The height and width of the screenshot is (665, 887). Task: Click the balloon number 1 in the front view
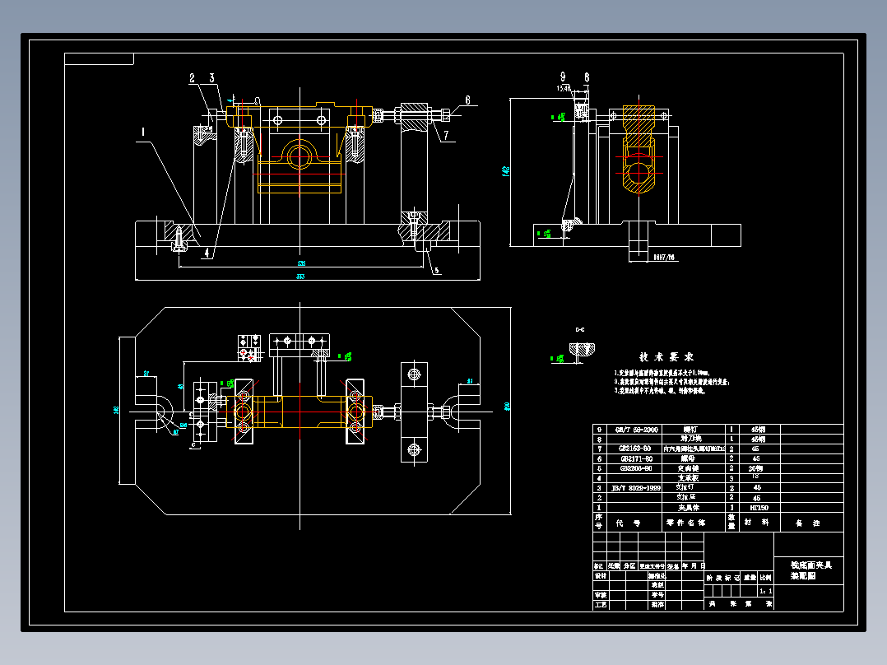click(143, 131)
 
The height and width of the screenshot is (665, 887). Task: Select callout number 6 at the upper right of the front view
click(467, 100)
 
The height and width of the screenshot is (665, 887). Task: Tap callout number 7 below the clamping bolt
click(445, 135)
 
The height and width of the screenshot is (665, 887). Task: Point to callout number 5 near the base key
click(436, 269)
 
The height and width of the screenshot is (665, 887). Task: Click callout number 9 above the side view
click(564, 77)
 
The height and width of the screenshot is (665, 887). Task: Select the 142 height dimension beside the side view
click(505, 171)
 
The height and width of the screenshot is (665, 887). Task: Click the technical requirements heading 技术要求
click(666, 357)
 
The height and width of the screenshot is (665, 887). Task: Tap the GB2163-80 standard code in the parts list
click(636, 449)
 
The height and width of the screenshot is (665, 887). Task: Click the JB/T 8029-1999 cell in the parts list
click(638, 488)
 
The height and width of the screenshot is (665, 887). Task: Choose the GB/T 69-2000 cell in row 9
click(638, 430)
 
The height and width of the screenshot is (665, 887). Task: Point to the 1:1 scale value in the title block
click(765, 590)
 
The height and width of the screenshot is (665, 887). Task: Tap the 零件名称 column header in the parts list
click(685, 523)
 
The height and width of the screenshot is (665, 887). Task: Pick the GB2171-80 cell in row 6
click(636, 458)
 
